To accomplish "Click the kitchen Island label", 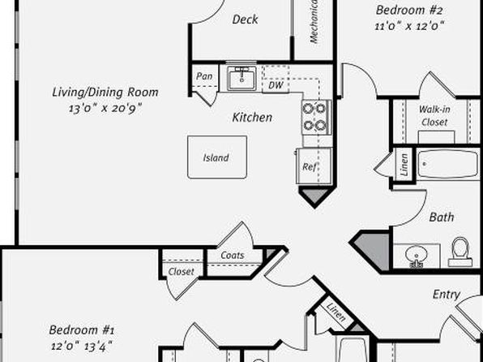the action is [216, 157].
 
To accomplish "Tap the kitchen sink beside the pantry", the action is [241, 79].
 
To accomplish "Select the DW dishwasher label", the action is [276, 85].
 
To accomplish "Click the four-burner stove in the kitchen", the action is [316, 117].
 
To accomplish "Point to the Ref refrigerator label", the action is [310, 167].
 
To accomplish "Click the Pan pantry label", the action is [204, 76].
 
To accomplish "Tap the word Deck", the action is [245, 19].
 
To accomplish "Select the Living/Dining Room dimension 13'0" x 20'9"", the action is [105, 109].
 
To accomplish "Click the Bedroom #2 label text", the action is [409, 11].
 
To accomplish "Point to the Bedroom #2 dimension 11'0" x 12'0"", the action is [409, 26].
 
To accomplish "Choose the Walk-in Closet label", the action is [434, 116].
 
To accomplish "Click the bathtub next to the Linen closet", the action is [447, 164].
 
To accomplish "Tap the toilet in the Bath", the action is [459, 252].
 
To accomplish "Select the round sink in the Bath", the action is [417, 256].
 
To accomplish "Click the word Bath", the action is [442, 218].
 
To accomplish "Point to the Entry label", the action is [447, 295].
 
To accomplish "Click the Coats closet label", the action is [233, 255].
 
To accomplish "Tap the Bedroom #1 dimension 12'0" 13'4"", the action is [82, 347].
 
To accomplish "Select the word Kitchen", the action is [252, 117].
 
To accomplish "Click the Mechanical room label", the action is [314, 22].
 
